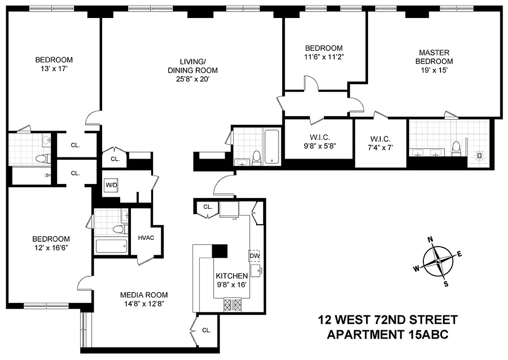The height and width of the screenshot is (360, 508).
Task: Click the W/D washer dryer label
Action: click(110, 185)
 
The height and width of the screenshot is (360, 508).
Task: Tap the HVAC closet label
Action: click(146, 238)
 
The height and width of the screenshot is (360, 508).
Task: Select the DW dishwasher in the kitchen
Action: click(254, 256)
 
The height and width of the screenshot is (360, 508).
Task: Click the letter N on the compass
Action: click(430, 239)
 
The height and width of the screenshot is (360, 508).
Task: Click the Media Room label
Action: click(144, 295)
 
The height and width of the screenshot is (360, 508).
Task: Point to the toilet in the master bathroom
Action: click(456, 148)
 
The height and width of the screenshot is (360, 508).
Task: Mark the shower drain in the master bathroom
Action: click(480, 156)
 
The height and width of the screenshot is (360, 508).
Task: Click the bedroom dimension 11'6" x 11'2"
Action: click(324, 57)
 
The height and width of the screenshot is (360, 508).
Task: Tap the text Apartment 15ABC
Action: click(387, 335)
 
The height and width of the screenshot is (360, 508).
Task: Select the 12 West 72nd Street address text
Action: click(387, 320)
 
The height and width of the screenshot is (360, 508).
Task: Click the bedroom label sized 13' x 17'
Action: click(54, 59)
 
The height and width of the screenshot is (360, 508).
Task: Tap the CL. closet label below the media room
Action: click(206, 330)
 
